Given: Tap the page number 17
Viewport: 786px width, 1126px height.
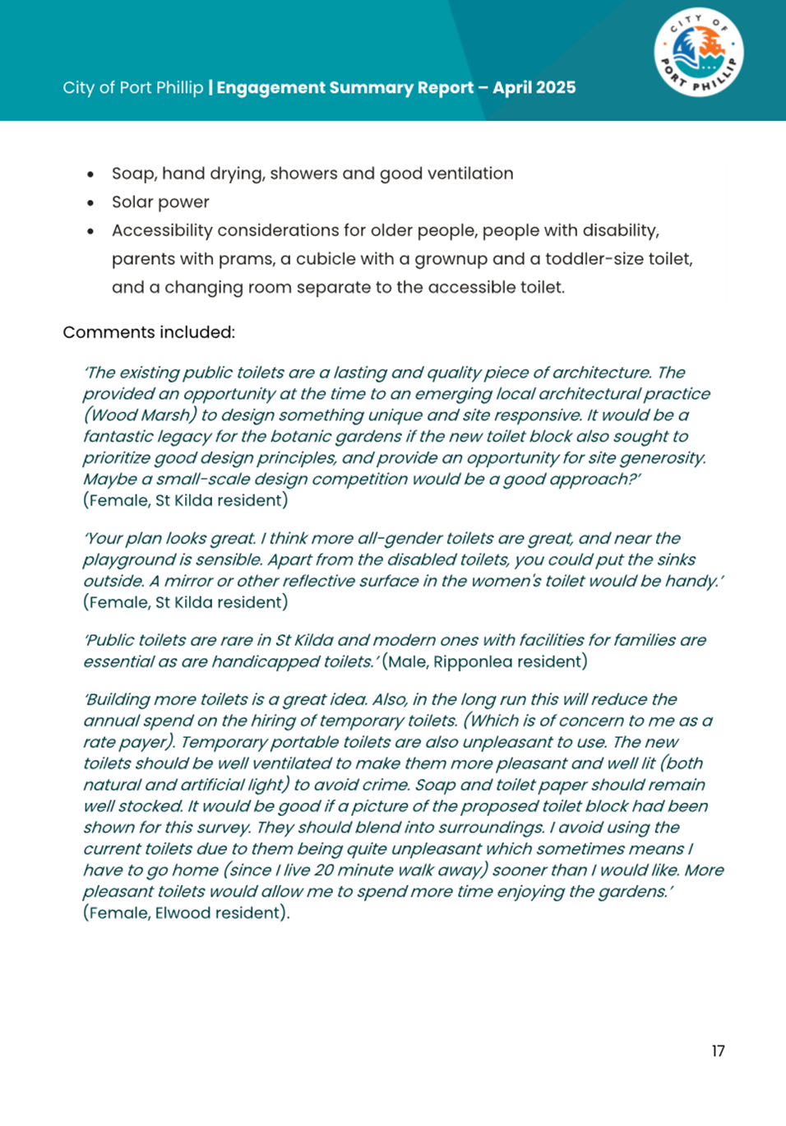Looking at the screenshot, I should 718,1051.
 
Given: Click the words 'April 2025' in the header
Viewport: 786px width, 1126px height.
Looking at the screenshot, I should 534,88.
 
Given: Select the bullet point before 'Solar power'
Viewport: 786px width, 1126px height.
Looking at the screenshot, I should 90,202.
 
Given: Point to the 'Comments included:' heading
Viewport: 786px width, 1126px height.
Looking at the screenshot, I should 149,332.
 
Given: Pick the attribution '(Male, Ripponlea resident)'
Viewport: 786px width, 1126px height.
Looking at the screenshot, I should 485,661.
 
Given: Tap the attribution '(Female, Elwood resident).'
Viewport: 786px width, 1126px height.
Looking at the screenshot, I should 186,913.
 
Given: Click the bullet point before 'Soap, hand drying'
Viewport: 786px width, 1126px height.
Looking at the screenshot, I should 90,174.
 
